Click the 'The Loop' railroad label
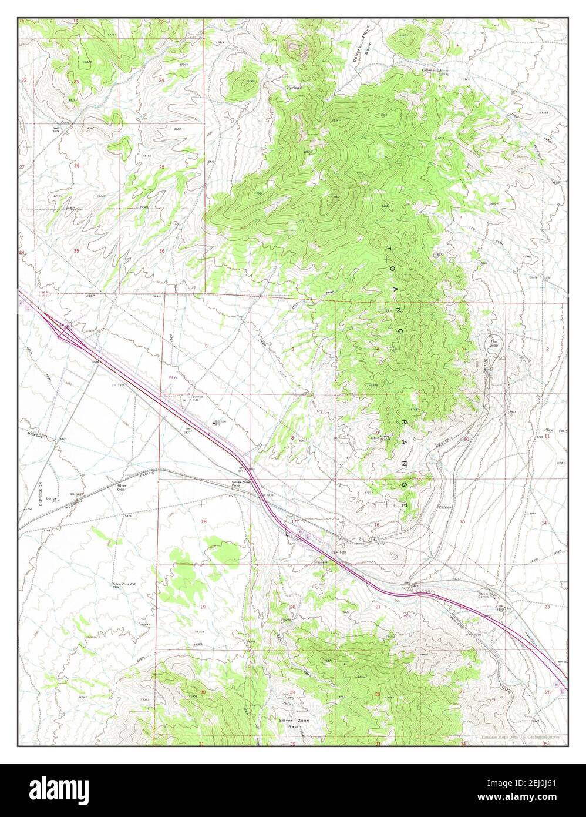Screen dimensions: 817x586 pyautogui.click(x=493, y=343)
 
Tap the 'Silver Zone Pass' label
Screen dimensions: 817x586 pyautogui.click(x=241, y=484)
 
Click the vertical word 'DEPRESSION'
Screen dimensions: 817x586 pyautogui.click(x=41, y=497)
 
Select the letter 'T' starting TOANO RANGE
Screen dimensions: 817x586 pyautogui.click(x=389, y=250)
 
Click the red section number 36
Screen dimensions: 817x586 pyautogui.click(x=162, y=252)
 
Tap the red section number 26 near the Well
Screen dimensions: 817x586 pyautogui.click(x=77, y=166)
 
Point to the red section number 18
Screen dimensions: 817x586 pyautogui.click(x=204, y=521)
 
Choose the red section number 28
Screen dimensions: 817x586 pyautogui.click(x=378, y=694)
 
